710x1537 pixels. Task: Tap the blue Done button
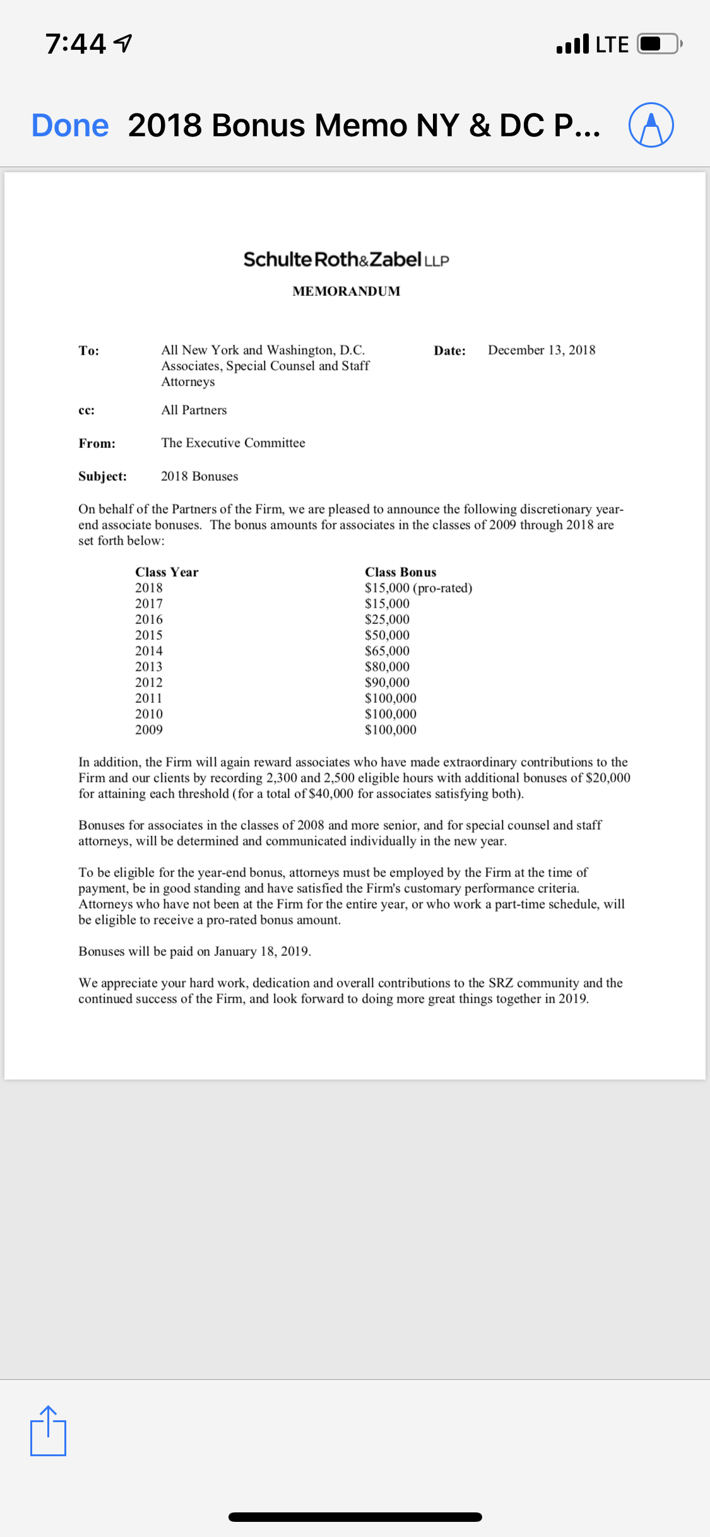tap(70, 125)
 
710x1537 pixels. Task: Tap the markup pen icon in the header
tap(651, 125)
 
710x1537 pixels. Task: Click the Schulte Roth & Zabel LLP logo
tap(346, 259)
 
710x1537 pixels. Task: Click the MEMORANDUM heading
tap(346, 291)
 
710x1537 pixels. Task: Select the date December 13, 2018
tap(541, 350)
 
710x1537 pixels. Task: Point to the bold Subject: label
tap(102, 476)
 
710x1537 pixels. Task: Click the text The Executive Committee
tap(233, 443)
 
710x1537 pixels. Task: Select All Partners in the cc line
tap(194, 410)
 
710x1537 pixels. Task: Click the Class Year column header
tap(167, 572)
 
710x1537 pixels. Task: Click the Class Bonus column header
tap(400, 572)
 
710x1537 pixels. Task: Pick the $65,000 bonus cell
tap(387, 651)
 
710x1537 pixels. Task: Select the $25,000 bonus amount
tap(387, 620)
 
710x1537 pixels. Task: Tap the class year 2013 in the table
tap(149, 667)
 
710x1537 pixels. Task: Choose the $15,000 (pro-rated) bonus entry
tap(418, 588)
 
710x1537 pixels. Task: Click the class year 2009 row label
tap(149, 730)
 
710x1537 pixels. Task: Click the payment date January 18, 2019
tap(261, 951)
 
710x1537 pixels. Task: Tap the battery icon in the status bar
tap(658, 44)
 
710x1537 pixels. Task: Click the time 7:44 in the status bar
tap(76, 44)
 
